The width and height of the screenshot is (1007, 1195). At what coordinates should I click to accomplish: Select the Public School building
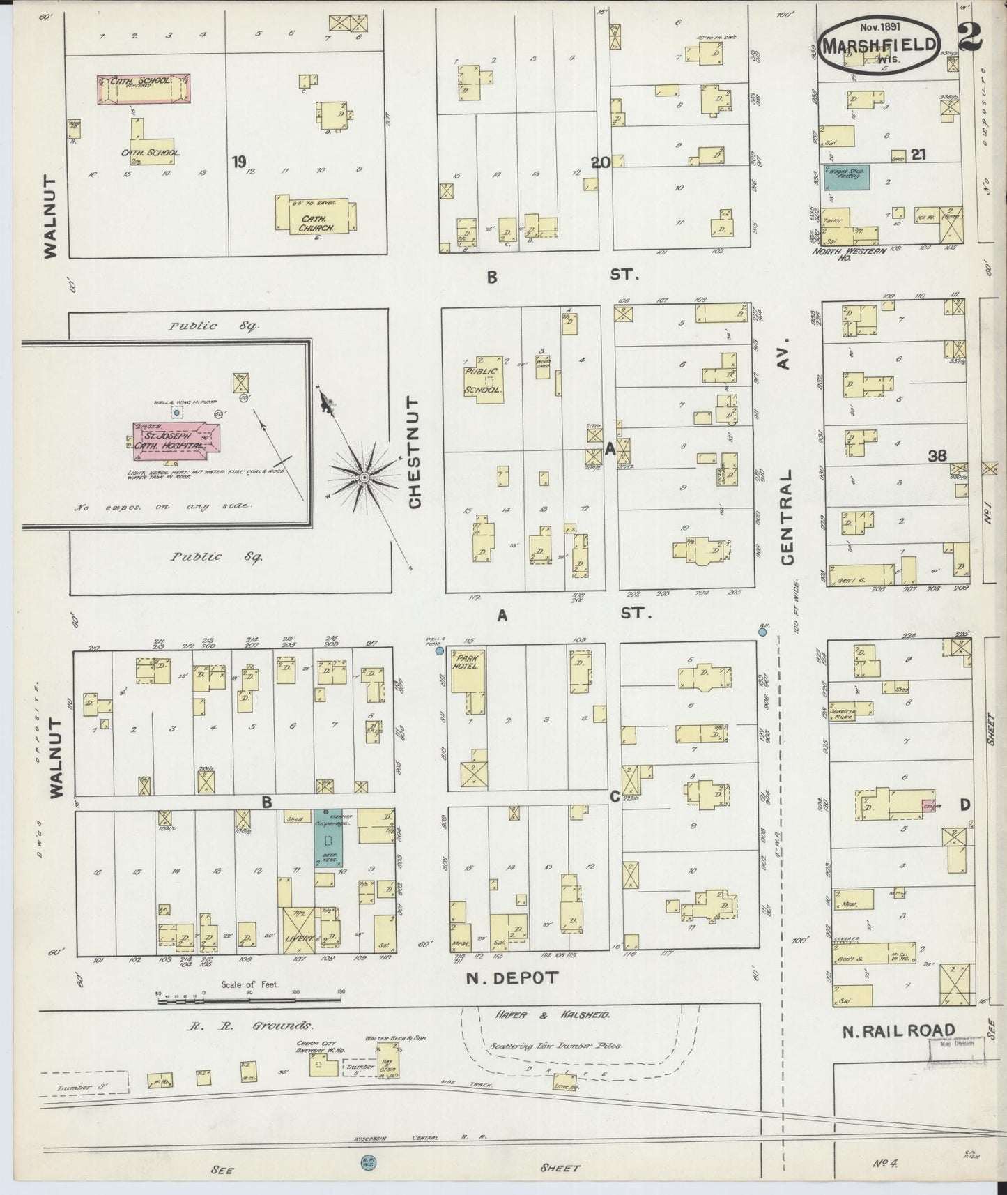[484, 380]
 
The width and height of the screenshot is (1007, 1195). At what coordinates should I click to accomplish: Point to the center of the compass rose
[364, 477]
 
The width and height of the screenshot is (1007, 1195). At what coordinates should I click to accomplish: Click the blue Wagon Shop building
[846, 178]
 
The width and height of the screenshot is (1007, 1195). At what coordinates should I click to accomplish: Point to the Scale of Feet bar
[249, 1000]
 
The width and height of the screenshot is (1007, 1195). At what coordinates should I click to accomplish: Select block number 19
[239, 162]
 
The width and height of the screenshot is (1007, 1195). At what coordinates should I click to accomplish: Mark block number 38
[937, 456]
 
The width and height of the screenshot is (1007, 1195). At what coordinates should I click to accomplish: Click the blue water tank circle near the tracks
[366, 1162]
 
